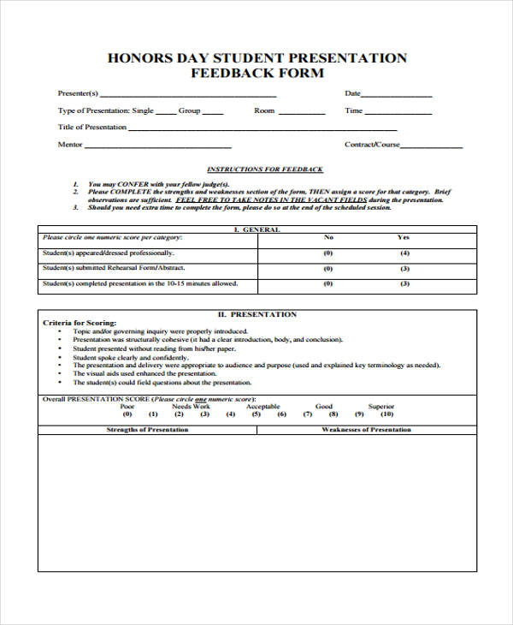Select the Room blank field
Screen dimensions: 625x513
click(301, 113)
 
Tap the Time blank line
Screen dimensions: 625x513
click(398, 113)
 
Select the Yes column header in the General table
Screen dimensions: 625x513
click(404, 237)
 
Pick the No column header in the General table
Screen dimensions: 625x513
click(328, 237)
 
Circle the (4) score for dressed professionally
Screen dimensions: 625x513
click(404, 253)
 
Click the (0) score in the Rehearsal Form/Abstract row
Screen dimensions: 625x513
click(328, 269)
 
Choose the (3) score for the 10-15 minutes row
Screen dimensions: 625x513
click(404, 284)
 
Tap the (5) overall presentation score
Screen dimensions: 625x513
click(256, 414)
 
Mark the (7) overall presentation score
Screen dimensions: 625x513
click(307, 414)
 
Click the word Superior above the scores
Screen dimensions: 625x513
click(381, 407)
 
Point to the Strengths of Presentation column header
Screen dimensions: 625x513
click(147, 430)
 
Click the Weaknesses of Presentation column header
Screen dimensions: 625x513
click(366, 430)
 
